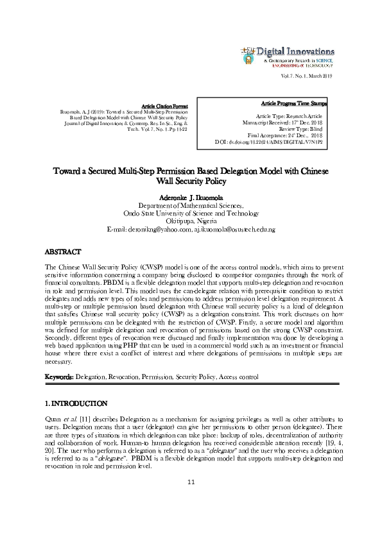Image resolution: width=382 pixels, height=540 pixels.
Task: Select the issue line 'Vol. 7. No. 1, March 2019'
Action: click(x=304, y=78)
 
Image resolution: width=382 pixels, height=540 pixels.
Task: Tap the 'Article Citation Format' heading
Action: click(x=164, y=105)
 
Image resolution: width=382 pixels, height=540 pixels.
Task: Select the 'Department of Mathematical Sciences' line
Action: click(x=191, y=205)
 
